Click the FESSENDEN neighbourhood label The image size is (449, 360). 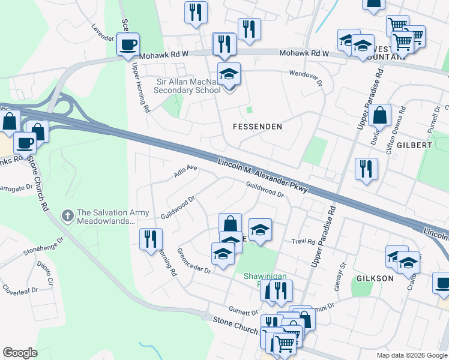tap(257, 127)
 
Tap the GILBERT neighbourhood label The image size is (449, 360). tap(414, 145)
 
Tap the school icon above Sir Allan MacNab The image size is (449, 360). tap(228, 75)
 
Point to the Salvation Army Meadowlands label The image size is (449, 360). tap(105, 217)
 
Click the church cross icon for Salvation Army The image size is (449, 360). tap(69, 214)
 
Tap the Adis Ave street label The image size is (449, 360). tap(185, 171)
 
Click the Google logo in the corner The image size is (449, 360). tap(20, 353)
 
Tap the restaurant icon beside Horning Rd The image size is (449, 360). tap(150, 239)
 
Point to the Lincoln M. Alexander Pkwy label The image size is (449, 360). tap(263, 176)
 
